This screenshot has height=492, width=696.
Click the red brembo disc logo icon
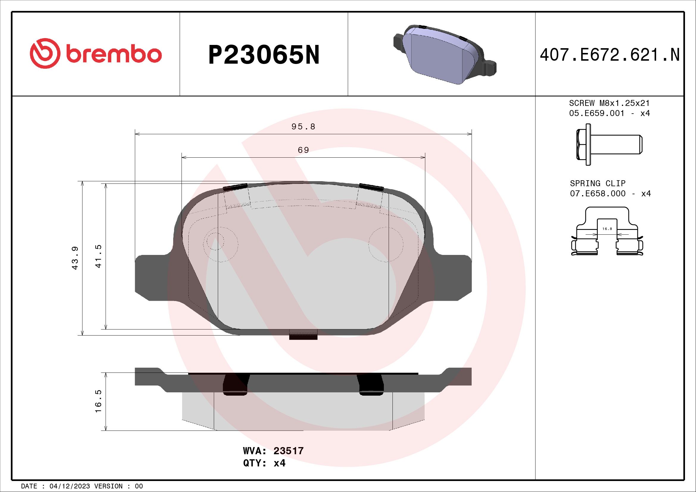coord(44,53)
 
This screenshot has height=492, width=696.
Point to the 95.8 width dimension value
coord(303,127)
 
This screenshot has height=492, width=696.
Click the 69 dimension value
coord(303,150)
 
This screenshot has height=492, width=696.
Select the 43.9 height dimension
coord(75,258)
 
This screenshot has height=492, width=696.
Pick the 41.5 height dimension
coord(98,256)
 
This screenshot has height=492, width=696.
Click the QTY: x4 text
coord(264,463)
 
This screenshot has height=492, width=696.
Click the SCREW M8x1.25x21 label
coord(609,103)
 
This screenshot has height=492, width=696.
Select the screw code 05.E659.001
coord(597,113)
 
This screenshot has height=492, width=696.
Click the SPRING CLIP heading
coord(597,183)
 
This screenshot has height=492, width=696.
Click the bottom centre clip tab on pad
coord(303,335)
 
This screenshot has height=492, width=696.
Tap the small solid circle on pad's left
coord(215,242)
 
